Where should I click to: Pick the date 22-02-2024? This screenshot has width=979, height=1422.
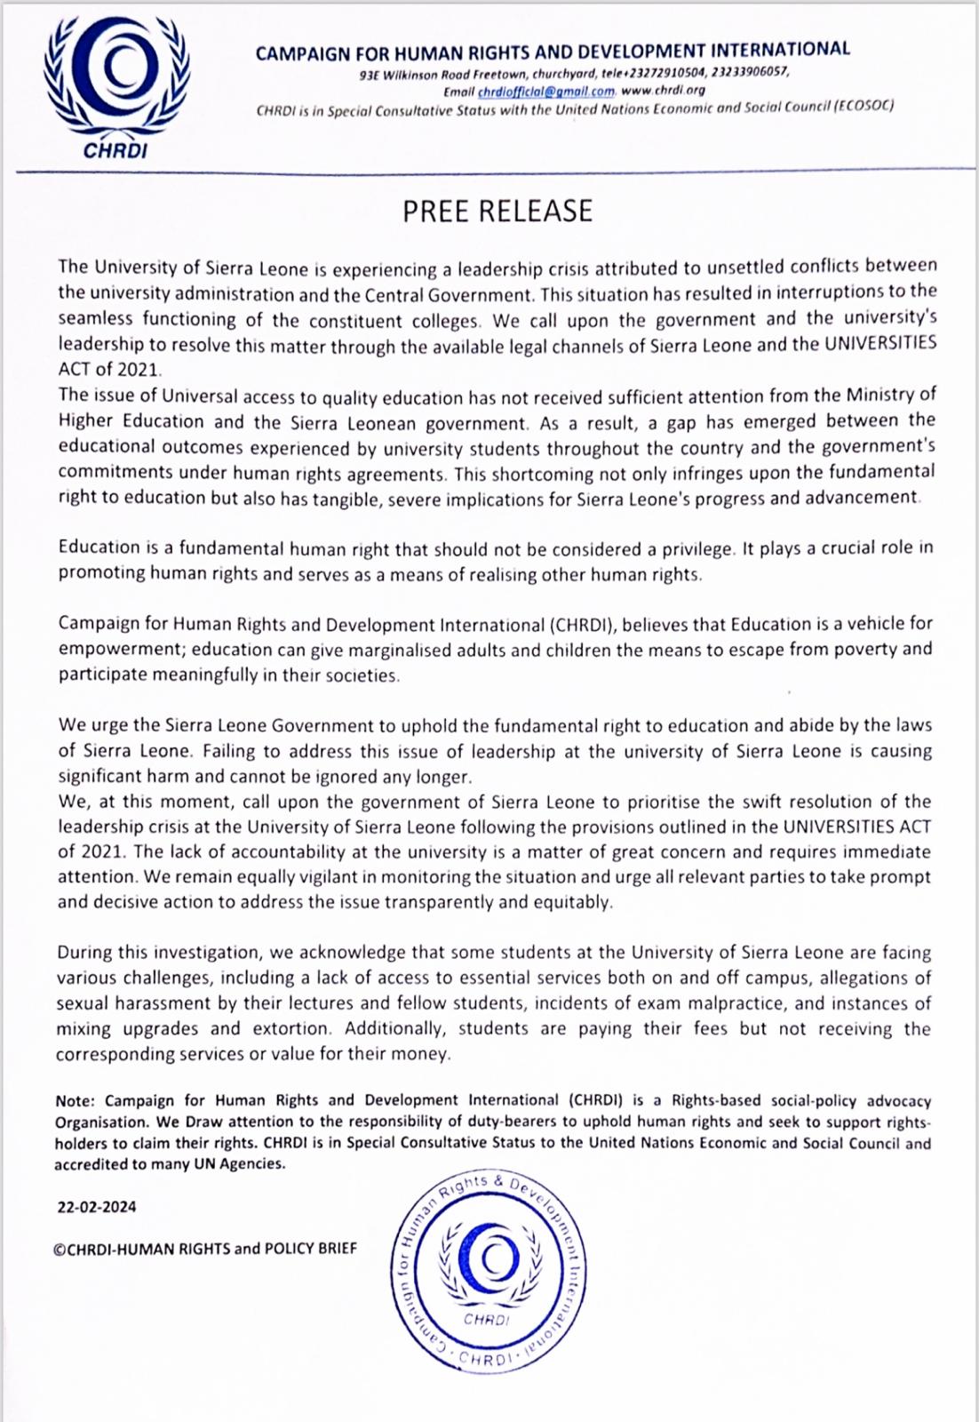point(97,1207)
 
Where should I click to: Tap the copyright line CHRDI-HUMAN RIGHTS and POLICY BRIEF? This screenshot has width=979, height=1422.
point(205,1248)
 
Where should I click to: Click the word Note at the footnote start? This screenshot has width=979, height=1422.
point(73,1101)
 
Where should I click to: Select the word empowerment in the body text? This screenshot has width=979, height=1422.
point(119,649)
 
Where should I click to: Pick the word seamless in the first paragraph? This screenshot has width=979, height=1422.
point(96,318)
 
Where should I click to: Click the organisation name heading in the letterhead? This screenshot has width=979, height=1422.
point(553,51)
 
